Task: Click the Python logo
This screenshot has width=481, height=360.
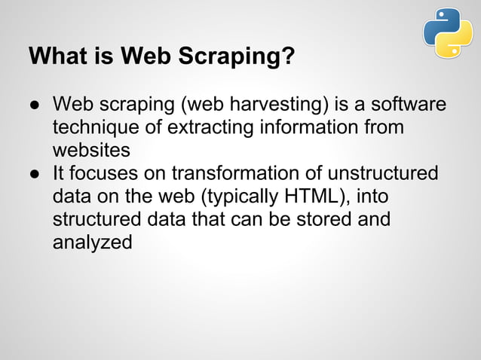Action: click(x=448, y=32)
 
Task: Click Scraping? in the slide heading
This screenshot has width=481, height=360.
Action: click(x=245, y=58)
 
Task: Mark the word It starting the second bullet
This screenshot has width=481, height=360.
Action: click(x=59, y=173)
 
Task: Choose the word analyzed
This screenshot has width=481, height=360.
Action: click(x=92, y=243)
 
